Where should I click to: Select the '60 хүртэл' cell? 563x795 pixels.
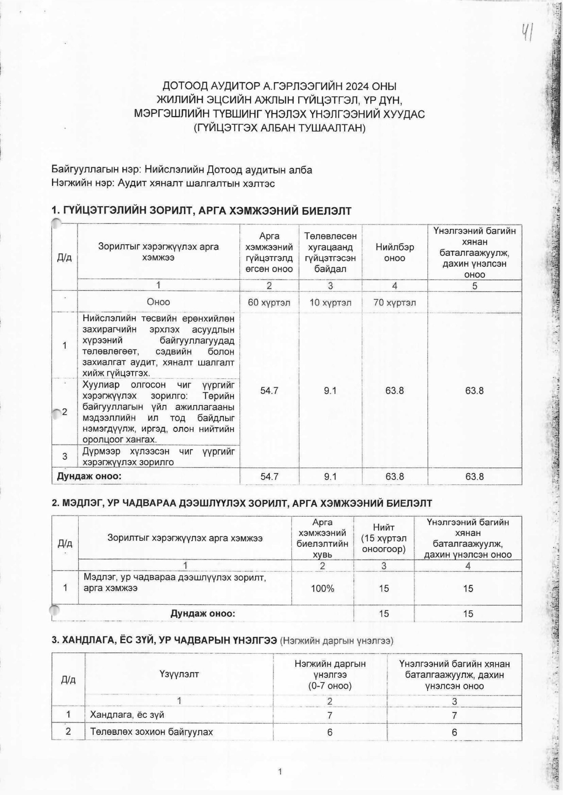pyautogui.click(x=269, y=302)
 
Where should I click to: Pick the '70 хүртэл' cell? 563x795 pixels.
pyautogui.click(x=395, y=302)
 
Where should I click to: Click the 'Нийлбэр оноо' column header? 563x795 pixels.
pyautogui.click(x=395, y=252)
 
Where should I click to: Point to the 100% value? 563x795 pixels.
pyautogui.click(x=323, y=588)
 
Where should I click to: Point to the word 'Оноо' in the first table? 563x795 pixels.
pyautogui.click(x=158, y=302)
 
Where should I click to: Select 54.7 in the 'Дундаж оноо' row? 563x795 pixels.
pyautogui.click(x=269, y=477)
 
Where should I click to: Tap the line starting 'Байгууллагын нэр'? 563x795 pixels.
pyautogui.click(x=182, y=170)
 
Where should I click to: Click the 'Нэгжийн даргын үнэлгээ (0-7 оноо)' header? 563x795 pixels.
pyautogui.click(x=330, y=675)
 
